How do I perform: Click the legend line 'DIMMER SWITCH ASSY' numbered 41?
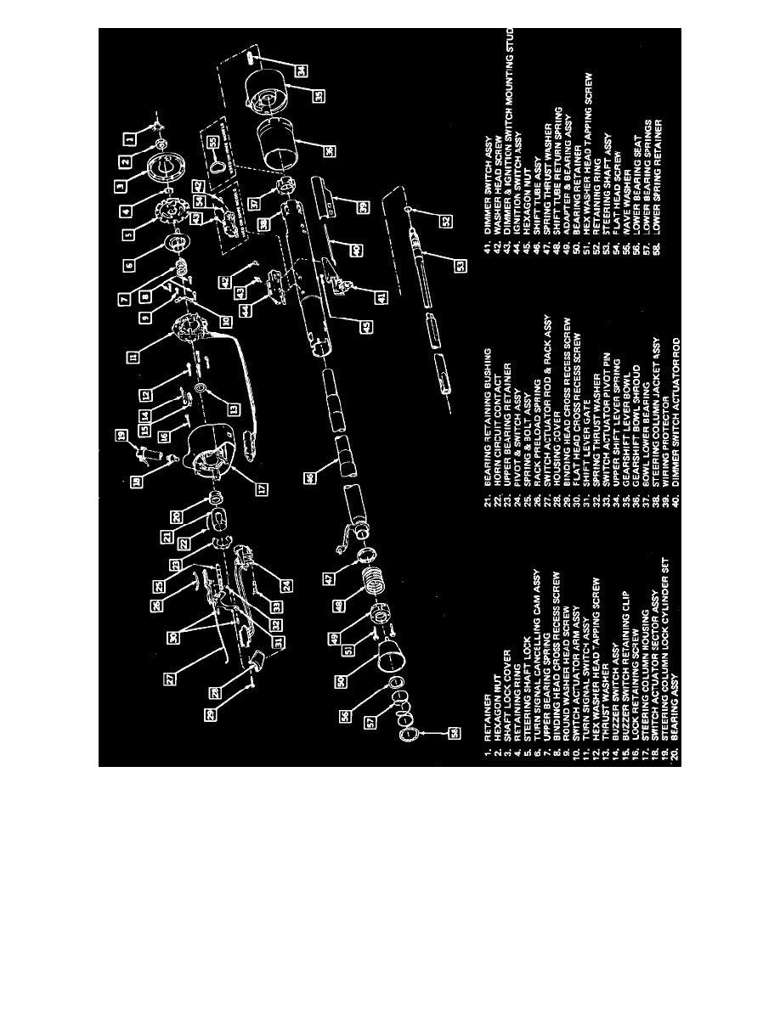click(485, 194)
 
